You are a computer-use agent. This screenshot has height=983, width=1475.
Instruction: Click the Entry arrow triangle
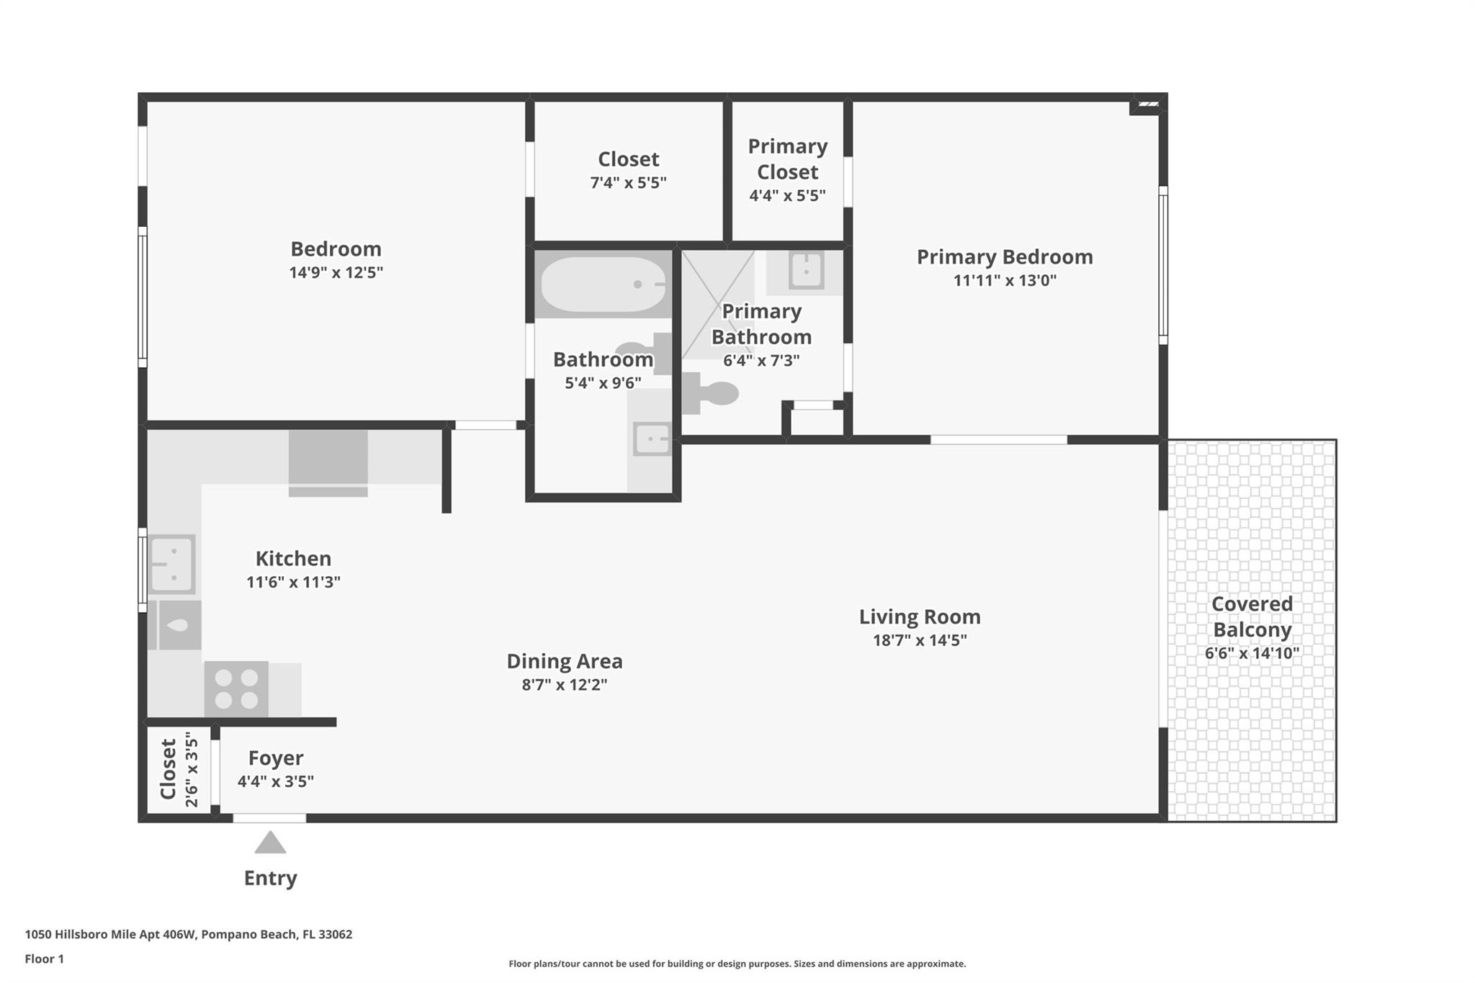point(270,843)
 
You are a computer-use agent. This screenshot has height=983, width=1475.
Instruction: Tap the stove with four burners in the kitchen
point(236,689)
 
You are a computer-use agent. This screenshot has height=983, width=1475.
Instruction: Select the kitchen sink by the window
point(172,564)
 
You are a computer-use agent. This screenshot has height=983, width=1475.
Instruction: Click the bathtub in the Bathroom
point(604,284)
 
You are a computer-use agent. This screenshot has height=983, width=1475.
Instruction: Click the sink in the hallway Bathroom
point(652,439)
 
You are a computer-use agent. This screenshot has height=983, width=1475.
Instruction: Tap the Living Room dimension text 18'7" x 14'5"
point(920,639)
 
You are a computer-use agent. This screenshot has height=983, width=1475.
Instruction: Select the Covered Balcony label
point(1252,616)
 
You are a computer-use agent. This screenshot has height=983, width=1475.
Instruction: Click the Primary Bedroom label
point(1005,257)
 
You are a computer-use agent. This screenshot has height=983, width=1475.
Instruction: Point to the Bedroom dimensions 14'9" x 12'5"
point(336,272)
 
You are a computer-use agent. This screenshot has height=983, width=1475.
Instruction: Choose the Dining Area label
point(565,661)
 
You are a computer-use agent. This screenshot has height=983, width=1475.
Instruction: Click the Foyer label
point(276,758)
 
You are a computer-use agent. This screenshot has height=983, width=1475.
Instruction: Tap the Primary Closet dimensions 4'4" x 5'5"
point(787,195)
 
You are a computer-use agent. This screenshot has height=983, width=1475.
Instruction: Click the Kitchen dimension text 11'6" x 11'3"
point(293,582)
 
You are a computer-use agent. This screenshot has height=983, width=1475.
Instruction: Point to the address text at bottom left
point(189,935)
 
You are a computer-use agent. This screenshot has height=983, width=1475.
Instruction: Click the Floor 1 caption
point(45,959)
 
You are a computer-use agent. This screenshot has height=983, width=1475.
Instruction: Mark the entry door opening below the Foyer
point(269,818)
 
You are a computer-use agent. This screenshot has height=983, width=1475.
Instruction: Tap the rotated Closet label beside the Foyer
point(168,769)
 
